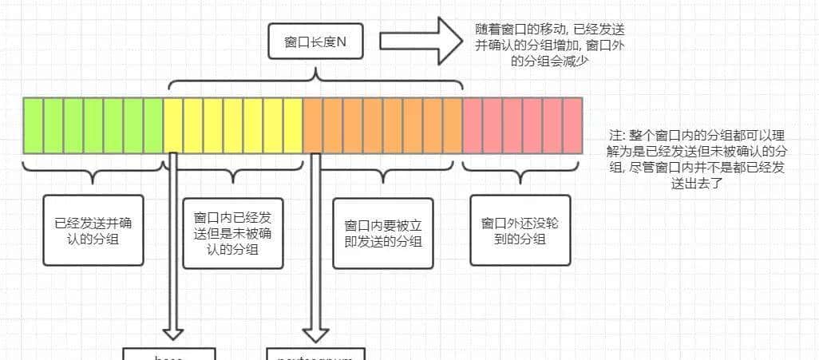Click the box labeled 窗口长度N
pos(315,41)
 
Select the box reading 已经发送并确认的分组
pos(94,231)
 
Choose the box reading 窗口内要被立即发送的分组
pos(382,232)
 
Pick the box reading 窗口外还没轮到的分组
pos(520,230)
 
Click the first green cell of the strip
pos(33,125)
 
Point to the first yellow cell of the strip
pos(173,125)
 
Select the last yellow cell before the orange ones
pos(293,125)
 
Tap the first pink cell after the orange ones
pos(473,125)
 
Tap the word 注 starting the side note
pos(615,135)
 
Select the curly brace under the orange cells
pos(383,171)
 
